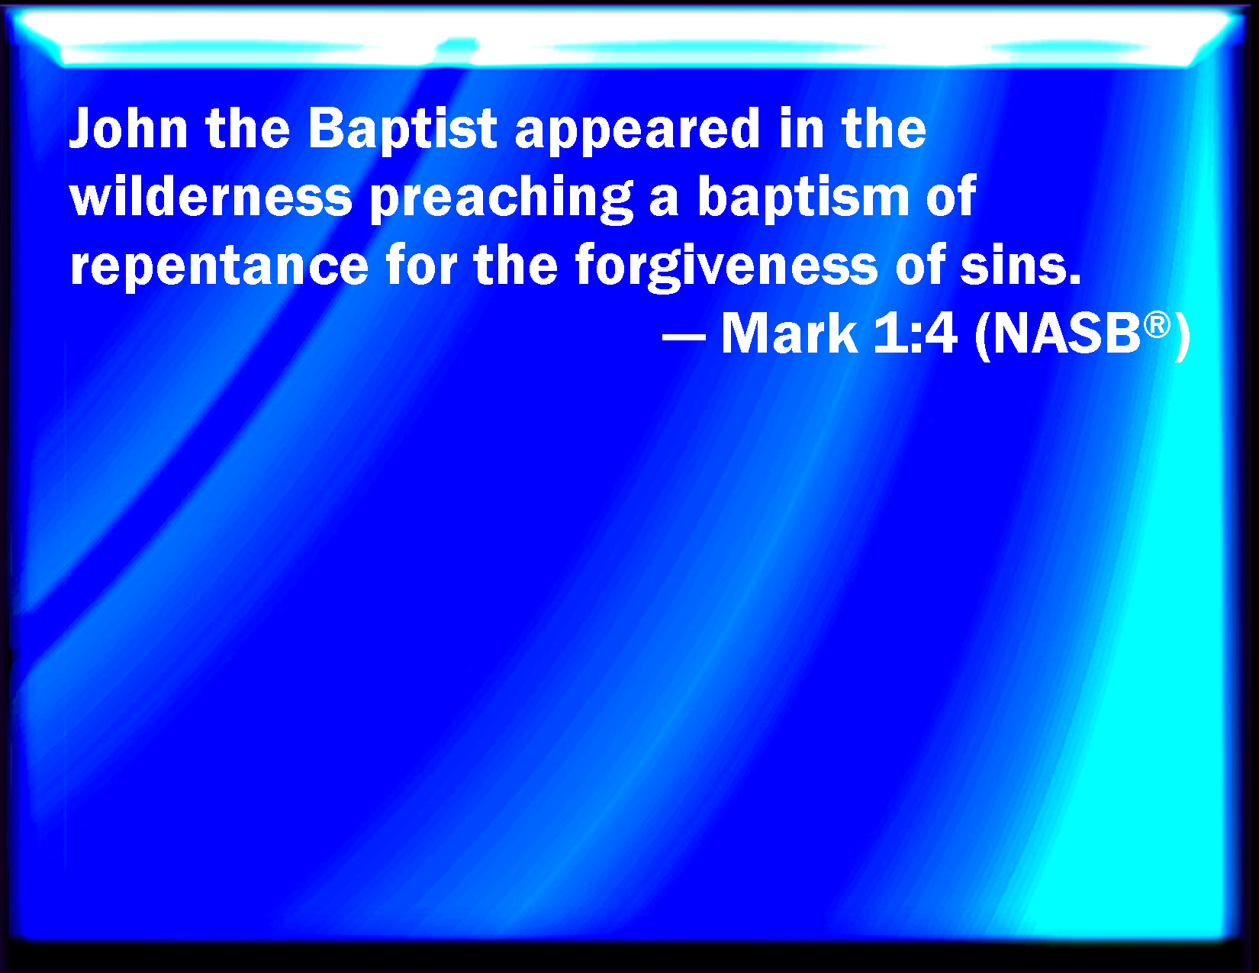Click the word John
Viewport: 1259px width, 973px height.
(128, 128)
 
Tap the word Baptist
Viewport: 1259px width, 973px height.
(402, 131)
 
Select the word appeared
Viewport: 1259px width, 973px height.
(637, 131)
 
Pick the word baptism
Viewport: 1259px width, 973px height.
(803, 198)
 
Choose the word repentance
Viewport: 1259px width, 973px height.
(219, 267)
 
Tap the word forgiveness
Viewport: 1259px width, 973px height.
(726, 267)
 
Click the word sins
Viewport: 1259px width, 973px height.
(1020, 264)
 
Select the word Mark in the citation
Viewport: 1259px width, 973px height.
(789, 333)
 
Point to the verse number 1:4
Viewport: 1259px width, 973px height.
(915, 333)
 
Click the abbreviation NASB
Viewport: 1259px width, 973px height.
(1066, 333)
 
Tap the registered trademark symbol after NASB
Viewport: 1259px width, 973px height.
(1157, 324)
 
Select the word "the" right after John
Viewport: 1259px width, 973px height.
(247, 128)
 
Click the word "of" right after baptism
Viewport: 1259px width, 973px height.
(951, 195)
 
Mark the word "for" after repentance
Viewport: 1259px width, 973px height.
(420, 264)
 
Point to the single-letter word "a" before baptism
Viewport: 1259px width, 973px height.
(665, 201)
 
